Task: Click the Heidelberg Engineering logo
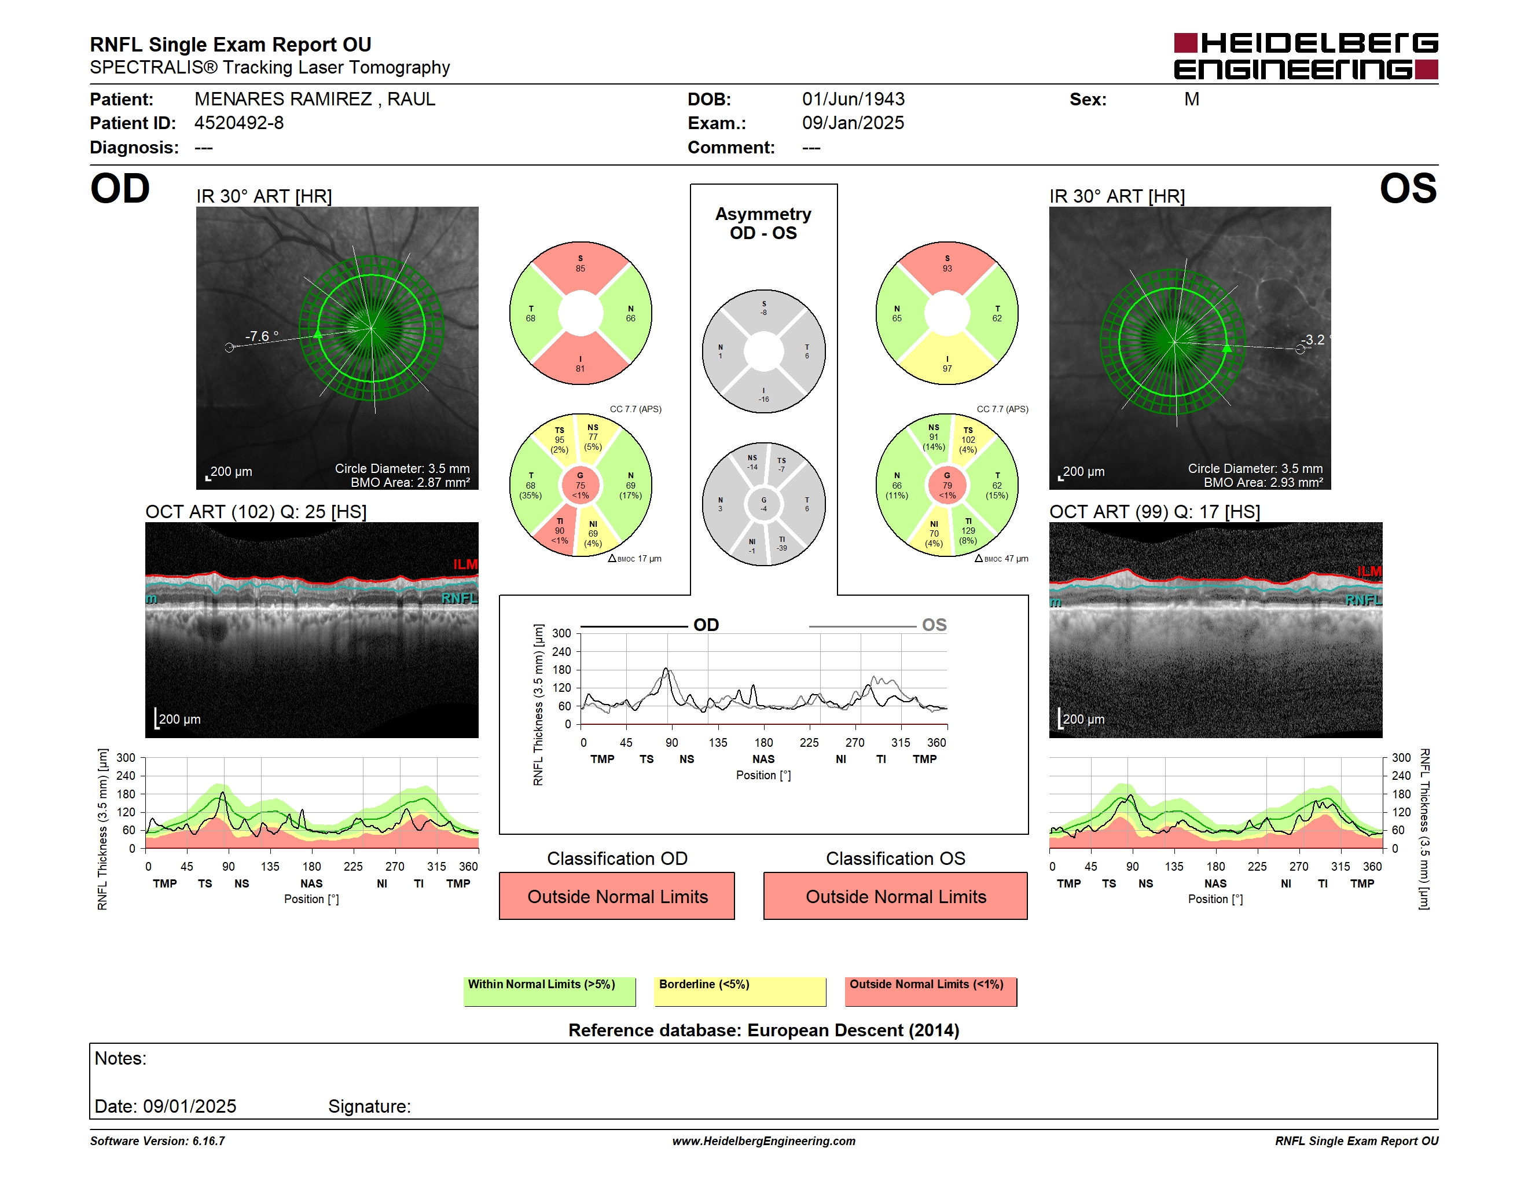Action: point(1306,56)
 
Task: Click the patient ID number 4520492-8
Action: point(239,123)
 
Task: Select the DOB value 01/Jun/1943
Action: point(853,100)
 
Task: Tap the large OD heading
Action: point(120,188)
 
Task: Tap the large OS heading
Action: point(1408,188)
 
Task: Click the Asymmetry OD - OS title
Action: point(763,223)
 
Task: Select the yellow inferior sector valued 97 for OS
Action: point(946,360)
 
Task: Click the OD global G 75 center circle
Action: point(580,485)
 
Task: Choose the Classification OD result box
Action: point(617,896)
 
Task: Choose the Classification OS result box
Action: point(895,896)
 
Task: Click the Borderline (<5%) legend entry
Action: point(740,991)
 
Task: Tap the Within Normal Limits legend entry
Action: point(549,991)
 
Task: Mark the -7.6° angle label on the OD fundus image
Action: point(262,336)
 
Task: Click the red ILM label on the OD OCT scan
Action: point(465,564)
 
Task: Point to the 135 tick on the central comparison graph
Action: point(718,742)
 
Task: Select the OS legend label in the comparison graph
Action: point(934,625)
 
